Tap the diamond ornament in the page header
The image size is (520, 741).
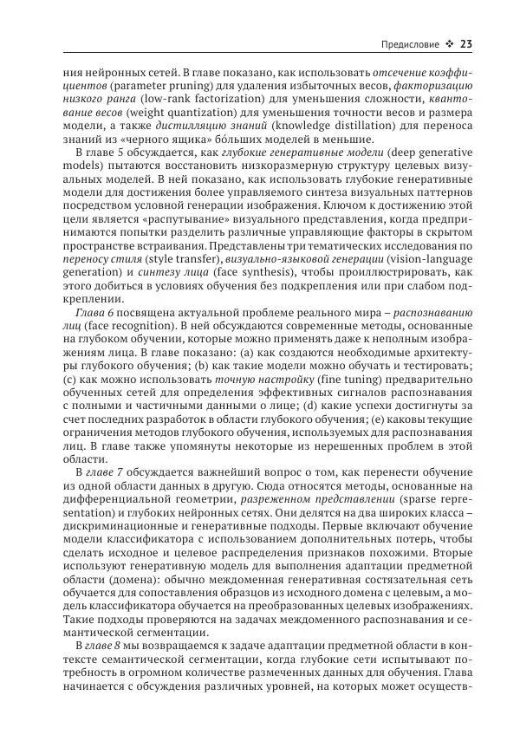(449, 45)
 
